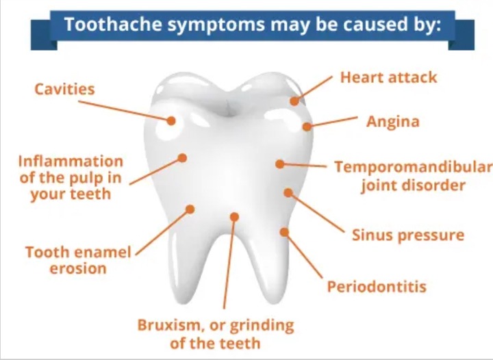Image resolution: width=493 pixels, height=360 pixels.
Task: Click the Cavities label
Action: coord(64,89)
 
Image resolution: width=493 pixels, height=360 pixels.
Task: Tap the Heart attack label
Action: coord(389,77)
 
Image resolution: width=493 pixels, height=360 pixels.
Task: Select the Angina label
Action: coord(393,122)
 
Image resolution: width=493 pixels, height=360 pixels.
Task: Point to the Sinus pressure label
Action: coord(408,235)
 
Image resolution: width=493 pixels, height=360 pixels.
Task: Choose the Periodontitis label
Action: coord(377,287)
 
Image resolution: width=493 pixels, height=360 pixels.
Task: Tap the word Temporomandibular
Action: coord(414,167)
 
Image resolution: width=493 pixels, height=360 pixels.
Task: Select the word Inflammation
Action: coord(71,162)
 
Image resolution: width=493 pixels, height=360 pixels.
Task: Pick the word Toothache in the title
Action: coord(113,24)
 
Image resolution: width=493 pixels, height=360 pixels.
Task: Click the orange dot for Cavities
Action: coord(171,120)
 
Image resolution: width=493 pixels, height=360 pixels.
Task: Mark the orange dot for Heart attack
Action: coord(294,101)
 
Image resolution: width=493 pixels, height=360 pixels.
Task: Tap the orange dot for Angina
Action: coord(307,127)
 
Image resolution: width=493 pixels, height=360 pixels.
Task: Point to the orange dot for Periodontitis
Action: coord(284,232)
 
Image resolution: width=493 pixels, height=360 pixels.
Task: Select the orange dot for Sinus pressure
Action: coord(288,192)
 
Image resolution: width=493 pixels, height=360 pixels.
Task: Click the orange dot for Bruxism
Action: coord(234,217)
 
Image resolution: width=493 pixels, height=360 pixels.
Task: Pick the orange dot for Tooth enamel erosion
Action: coord(190,209)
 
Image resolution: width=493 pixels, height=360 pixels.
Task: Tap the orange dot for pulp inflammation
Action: coord(182,157)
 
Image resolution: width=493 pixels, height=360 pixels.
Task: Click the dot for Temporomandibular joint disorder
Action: coord(279,164)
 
